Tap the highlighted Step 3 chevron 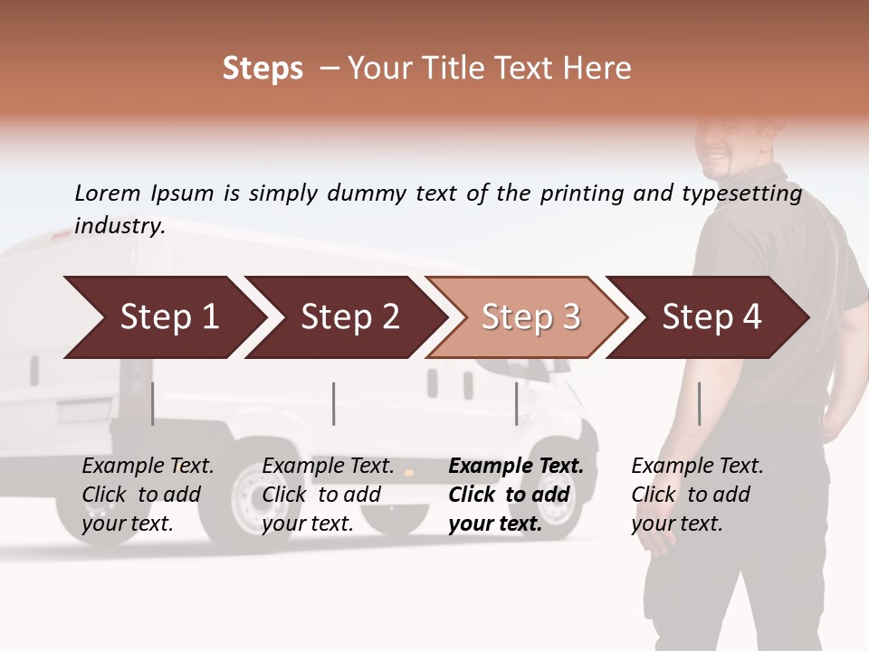click(x=528, y=317)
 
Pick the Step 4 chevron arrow click(x=709, y=317)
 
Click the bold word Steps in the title click(x=263, y=69)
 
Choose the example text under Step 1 click(x=148, y=495)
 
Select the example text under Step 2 click(x=328, y=495)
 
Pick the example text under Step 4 click(x=697, y=495)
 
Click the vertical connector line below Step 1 click(x=153, y=403)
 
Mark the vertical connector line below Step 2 click(x=334, y=403)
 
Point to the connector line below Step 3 click(x=516, y=403)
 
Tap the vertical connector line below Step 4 click(x=699, y=403)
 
